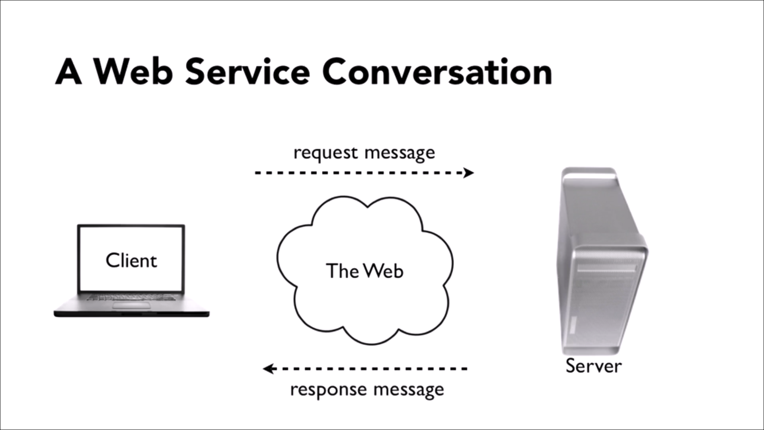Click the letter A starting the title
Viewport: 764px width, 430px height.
click(68, 72)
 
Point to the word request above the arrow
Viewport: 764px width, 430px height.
click(325, 154)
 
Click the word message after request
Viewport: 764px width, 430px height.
click(400, 154)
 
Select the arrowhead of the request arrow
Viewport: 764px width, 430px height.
click(469, 173)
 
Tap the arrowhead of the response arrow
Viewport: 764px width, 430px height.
click(269, 369)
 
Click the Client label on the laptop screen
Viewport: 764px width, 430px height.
click(131, 261)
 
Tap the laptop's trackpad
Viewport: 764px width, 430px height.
click(131, 305)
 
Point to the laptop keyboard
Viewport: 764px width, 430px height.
click(131, 297)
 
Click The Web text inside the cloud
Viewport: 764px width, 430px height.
click(364, 271)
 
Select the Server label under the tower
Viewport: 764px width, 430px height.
click(593, 366)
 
